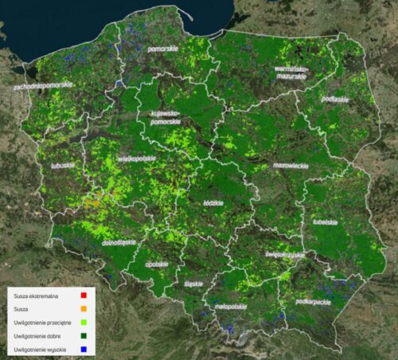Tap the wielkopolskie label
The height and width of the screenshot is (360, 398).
137,159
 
